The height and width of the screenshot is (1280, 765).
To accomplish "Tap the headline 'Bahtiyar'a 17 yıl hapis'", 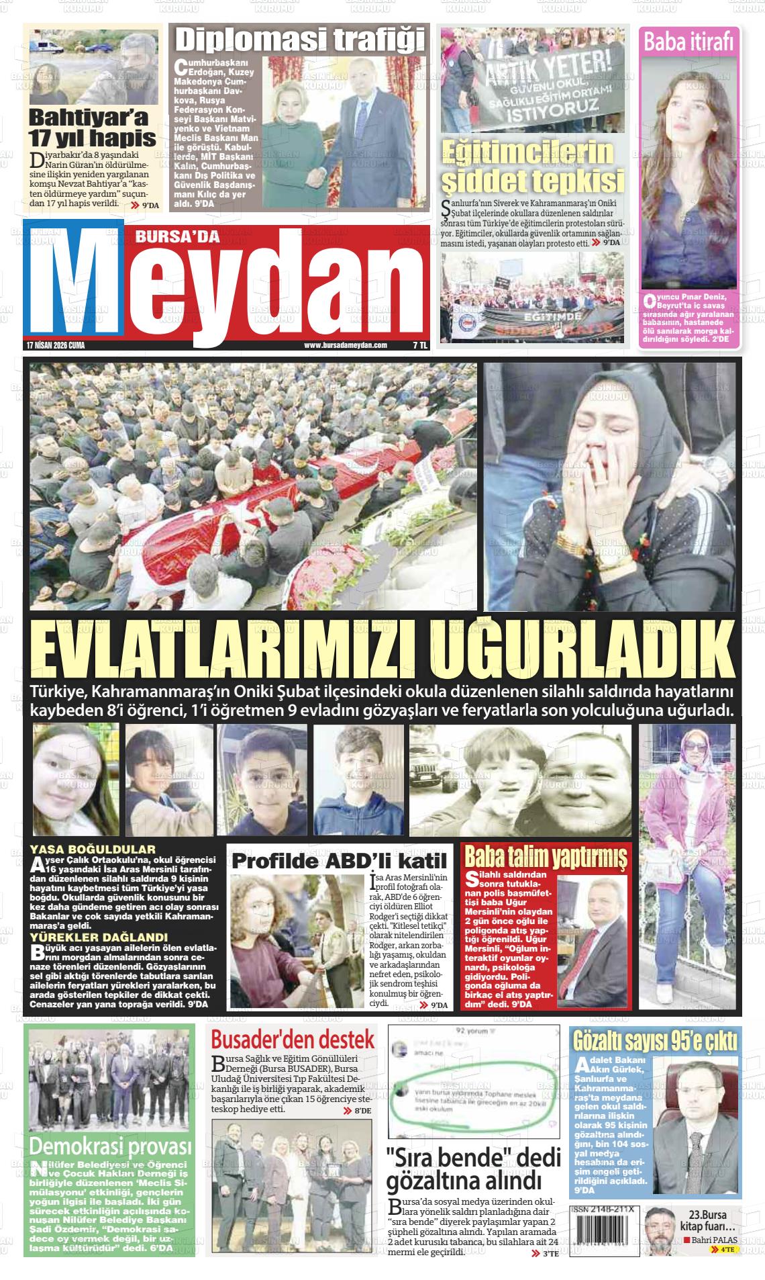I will click(x=93, y=129).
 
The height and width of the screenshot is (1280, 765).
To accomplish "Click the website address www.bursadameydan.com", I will click(x=346, y=345).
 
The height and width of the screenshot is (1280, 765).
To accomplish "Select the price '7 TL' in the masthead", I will click(x=419, y=345).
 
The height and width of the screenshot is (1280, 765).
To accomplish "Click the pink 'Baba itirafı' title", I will click(x=687, y=42).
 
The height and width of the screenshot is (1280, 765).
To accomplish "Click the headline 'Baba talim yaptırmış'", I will click(x=546, y=857).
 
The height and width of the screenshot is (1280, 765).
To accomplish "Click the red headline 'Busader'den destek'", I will click(x=293, y=1040).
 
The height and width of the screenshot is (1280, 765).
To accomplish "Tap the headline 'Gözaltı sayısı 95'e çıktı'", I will click(x=655, y=1041).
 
